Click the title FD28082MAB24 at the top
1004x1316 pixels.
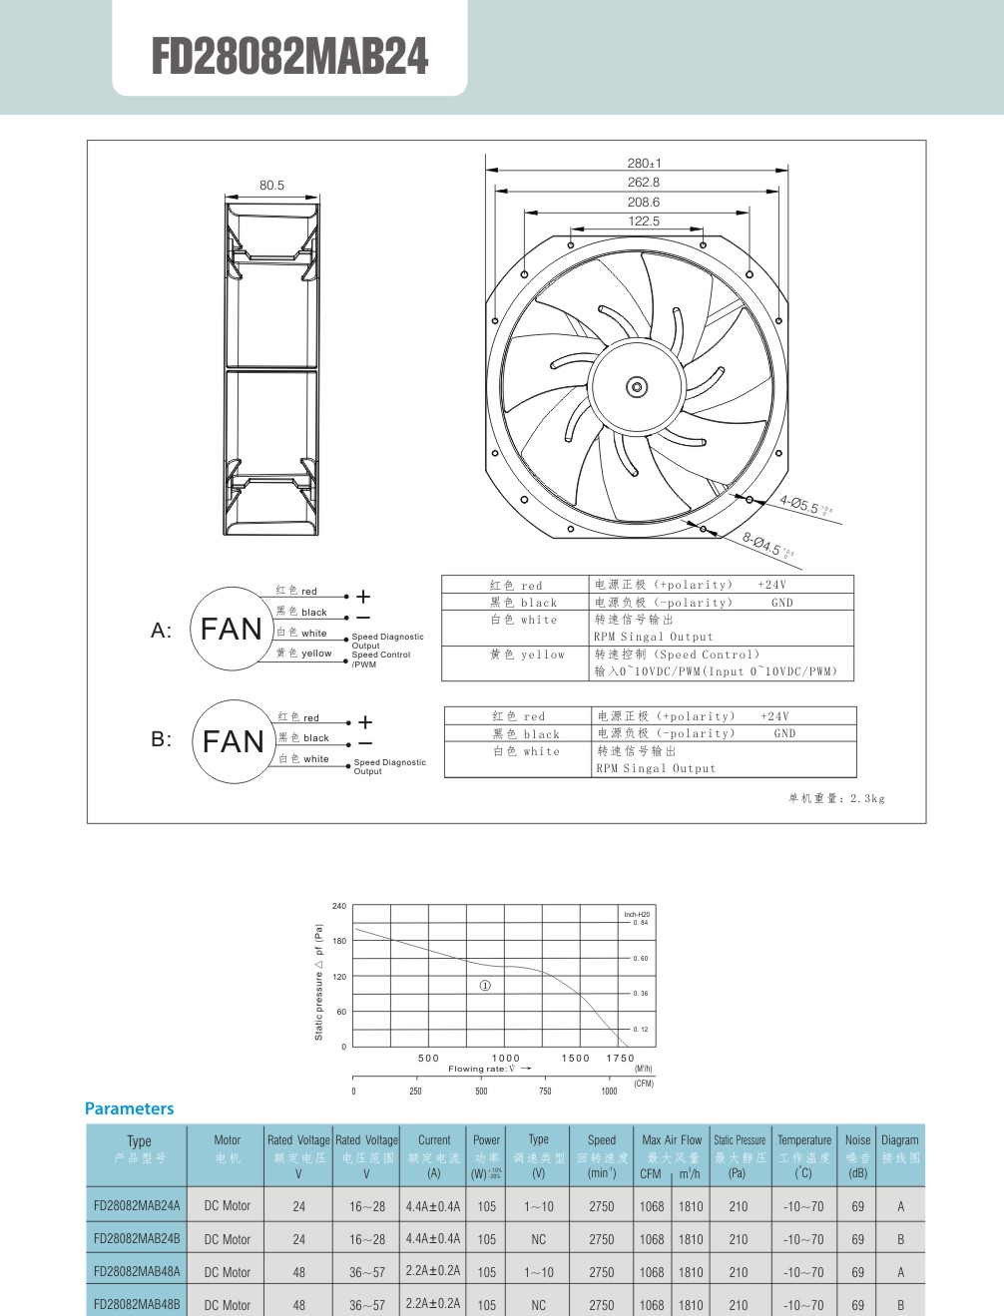(x=289, y=56)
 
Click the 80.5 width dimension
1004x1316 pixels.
(x=271, y=186)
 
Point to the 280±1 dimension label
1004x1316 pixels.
(x=644, y=164)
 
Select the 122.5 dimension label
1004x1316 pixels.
(x=644, y=221)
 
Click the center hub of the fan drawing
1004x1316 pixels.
(x=637, y=387)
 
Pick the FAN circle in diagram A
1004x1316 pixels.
(x=232, y=629)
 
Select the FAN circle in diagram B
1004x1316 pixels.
(x=234, y=741)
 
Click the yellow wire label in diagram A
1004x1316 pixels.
(x=304, y=654)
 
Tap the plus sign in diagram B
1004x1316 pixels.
(x=365, y=721)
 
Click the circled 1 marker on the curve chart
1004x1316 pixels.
(x=485, y=986)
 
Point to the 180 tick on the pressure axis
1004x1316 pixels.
(x=339, y=941)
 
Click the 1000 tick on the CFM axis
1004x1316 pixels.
(x=609, y=1092)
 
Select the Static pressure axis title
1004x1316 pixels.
(x=319, y=983)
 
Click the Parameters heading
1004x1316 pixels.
(x=129, y=1108)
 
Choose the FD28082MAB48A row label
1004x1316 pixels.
(x=137, y=1272)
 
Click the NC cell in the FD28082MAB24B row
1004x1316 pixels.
(x=539, y=1239)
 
